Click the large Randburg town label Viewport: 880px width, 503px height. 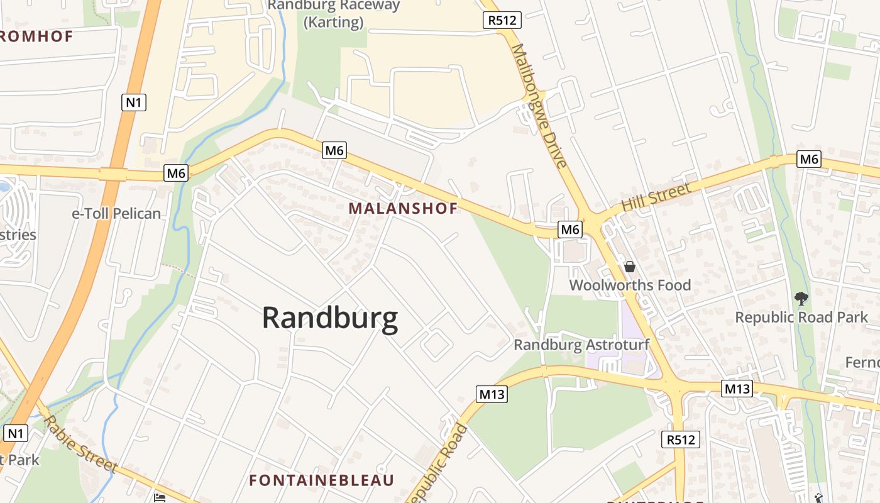click(329, 318)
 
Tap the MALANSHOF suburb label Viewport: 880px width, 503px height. click(403, 208)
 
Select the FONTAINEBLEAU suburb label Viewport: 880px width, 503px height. click(321, 480)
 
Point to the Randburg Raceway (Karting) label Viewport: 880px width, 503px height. click(334, 14)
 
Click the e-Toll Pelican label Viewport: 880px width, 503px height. click(116, 214)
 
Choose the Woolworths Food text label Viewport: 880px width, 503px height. click(630, 285)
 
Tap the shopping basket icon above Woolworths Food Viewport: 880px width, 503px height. click(630, 267)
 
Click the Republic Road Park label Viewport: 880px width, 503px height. click(801, 317)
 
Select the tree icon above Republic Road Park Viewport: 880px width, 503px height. click(801, 298)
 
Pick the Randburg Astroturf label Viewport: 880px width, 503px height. click(581, 345)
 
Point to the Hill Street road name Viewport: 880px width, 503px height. click(656, 196)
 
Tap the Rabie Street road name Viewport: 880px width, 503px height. click(80, 444)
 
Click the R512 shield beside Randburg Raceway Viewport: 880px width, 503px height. click(503, 20)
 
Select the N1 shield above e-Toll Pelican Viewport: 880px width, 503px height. click(133, 102)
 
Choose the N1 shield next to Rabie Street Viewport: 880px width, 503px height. click(16, 433)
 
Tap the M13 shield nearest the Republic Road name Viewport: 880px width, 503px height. click(492, 394)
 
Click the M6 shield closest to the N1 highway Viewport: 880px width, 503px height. click(176, 173)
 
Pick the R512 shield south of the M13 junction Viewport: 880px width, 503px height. click(681, 439)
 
